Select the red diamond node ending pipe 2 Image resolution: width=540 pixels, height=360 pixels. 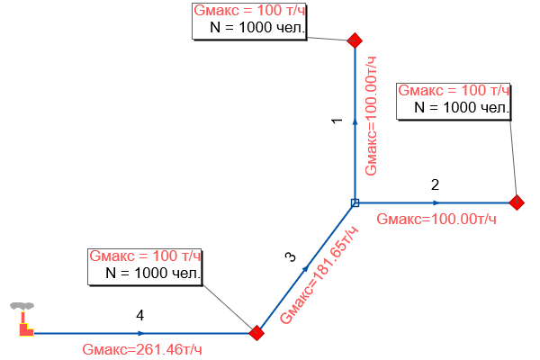coord(517,202)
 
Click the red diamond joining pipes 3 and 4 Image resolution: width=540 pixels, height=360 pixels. coord(256,333)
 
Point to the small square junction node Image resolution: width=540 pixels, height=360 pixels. coord(355,202)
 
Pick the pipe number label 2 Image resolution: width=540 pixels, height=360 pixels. coord(435,185)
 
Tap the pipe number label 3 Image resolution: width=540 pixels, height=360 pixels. coord(291,258)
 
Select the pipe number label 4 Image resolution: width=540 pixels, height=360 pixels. coord(139,315)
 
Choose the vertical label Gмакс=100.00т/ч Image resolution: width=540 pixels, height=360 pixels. coord(369,114)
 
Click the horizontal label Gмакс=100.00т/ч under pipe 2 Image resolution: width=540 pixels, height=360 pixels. coord(436,219)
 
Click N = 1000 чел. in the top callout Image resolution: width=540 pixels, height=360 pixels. coord(257,28)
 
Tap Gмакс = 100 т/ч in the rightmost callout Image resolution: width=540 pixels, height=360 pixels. coord(454,90)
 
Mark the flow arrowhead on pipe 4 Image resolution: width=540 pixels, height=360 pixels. coord(140,333)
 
